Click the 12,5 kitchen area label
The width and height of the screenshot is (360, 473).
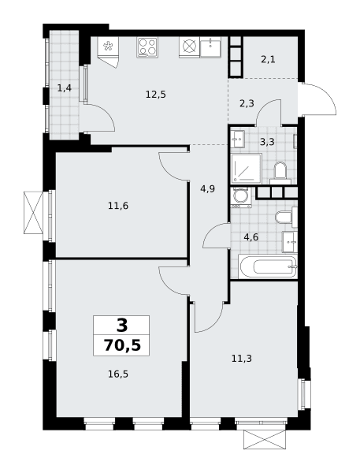[x=155, y=95]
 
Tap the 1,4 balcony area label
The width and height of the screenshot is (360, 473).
[x=65, y=88]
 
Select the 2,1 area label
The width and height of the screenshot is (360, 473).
[x=268, y=59]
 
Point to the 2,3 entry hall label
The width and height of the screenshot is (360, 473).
[x=247, y=103]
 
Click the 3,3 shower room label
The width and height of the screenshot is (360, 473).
[x=267, y=141]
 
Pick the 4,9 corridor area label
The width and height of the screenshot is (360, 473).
[x=207, y=189]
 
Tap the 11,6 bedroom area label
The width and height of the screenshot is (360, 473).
[x=118, y=206]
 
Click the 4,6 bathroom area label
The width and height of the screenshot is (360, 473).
[x=251, y=237]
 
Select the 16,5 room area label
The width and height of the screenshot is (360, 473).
[x=118, y=374]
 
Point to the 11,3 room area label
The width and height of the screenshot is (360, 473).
[x=242, y=359]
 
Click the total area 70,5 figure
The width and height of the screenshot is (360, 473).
[x=122, y=345]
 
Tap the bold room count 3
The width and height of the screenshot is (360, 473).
[x=122, y=325]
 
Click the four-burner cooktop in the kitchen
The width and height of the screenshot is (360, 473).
[x=147, y=47]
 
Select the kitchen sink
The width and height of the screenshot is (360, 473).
[x=210, y=47]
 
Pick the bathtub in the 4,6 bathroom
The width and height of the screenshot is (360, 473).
[x=268, y=266]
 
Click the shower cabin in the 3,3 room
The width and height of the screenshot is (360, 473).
[x=247, y=168]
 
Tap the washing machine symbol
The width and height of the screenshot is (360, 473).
[x=240, y=197]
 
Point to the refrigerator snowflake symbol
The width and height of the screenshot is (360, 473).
[x=108, y=47]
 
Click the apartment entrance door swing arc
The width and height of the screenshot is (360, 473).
[x=325, y=97]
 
